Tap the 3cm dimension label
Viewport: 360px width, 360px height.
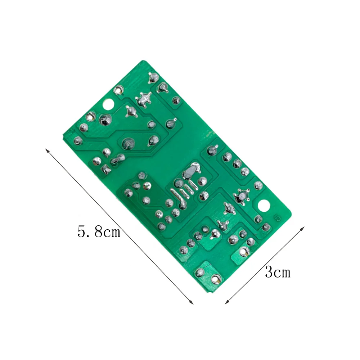pyautogui.click(x=277, y=272)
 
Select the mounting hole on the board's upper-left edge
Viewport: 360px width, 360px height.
pyautogui.click(x=108, y=105)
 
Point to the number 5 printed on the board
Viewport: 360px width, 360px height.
pyautogui.click(x=277, y=218)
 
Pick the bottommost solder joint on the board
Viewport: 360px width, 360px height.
pyautogui.click(x=216, y=278)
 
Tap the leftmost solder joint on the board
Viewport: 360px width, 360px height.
pyautogui.click(x=77, y=140)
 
